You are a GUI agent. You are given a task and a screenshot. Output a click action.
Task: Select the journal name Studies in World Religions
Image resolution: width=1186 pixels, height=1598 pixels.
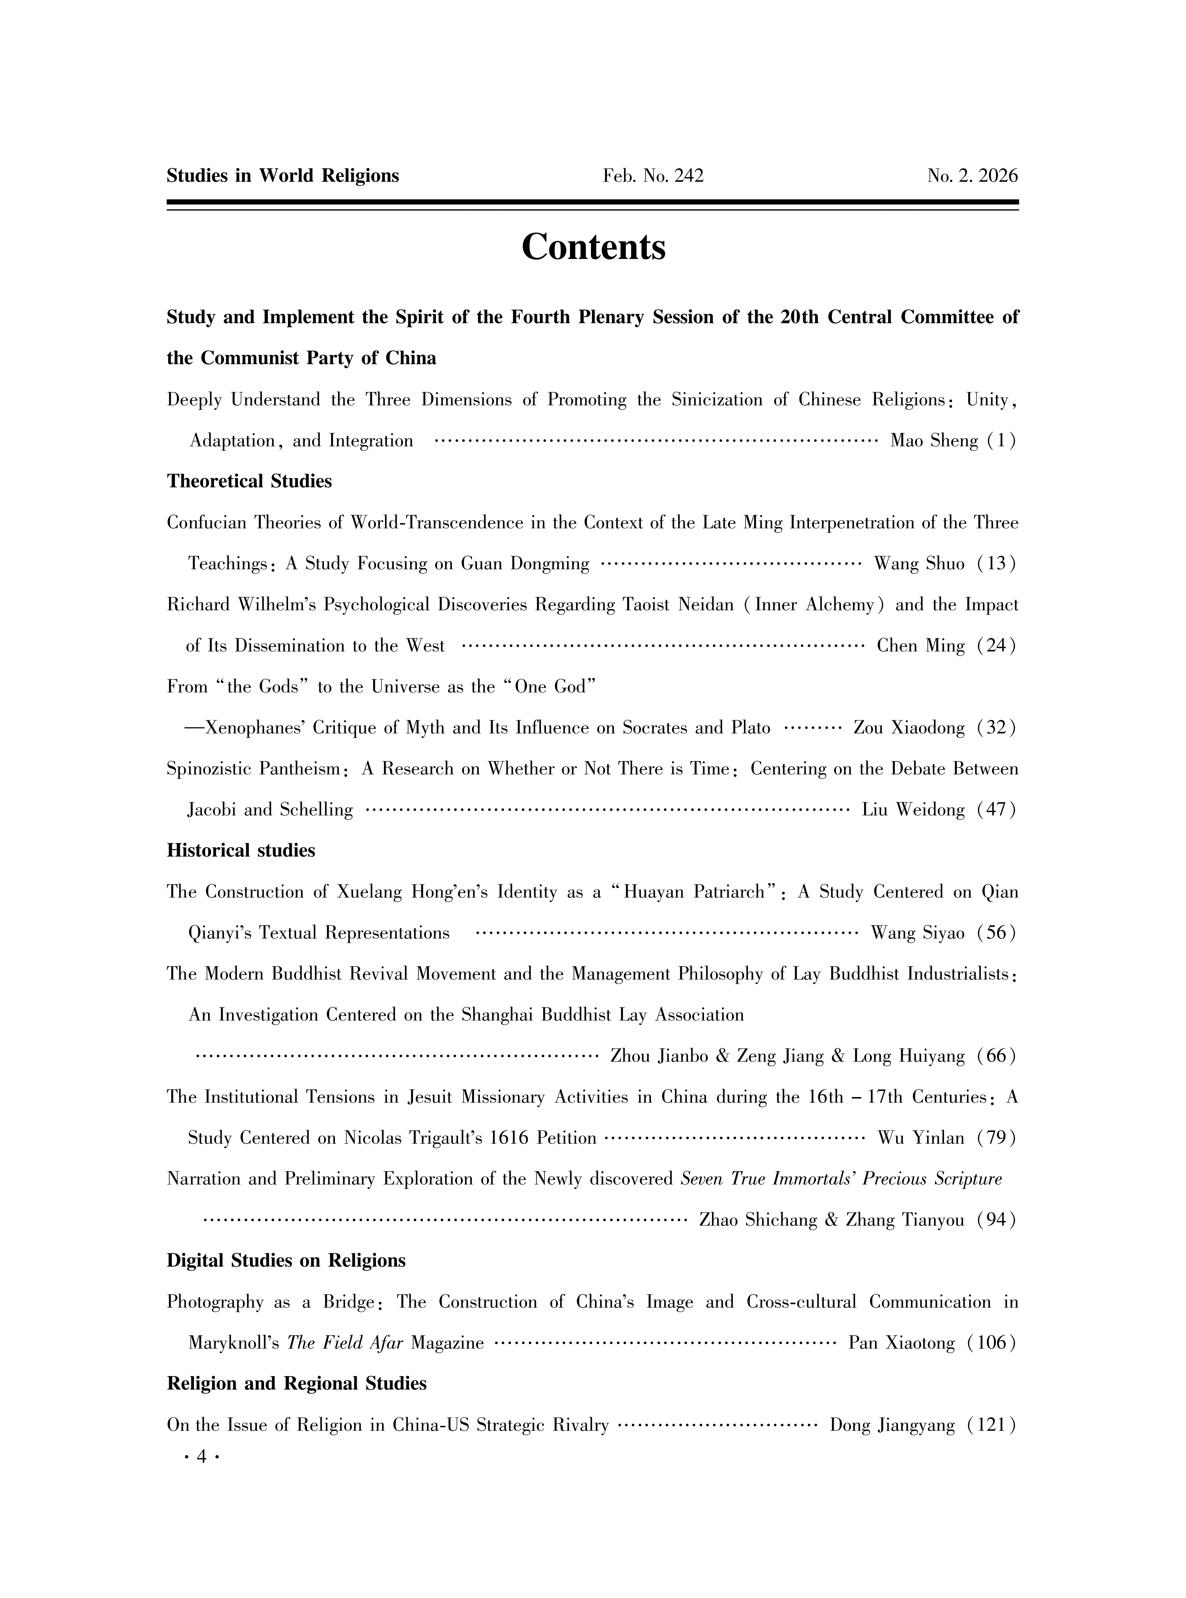[x=283, y=176]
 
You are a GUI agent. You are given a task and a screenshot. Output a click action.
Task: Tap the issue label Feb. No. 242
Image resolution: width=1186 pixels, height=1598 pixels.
[x=653, y=176]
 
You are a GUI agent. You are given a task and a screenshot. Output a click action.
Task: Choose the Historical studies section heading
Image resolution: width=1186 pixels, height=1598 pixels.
[x=241, y=851]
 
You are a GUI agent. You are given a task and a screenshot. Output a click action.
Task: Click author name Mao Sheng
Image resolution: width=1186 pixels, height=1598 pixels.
[x=934, y=441]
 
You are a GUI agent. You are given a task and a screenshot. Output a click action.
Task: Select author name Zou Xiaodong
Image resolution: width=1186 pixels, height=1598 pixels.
[x=909, y=728]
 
